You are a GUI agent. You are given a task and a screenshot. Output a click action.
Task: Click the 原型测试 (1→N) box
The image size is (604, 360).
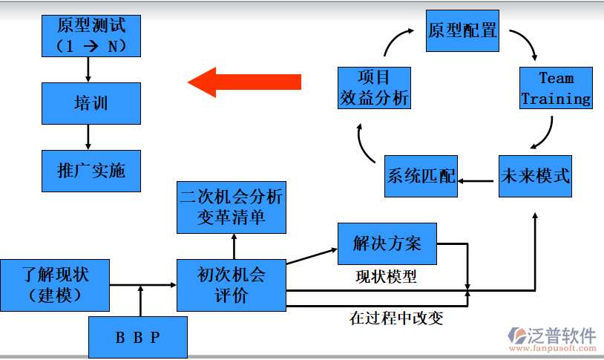(91, 35)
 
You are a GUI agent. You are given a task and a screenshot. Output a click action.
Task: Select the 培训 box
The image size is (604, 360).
(91, 103)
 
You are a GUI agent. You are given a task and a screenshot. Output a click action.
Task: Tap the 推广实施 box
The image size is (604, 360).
(91, 171)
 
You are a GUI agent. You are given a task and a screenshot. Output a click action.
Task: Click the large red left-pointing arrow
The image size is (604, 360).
(244, 81)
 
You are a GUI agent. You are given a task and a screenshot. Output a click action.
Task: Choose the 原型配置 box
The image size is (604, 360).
(462, 30)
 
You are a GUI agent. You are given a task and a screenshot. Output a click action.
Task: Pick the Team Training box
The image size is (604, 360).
(556, 88)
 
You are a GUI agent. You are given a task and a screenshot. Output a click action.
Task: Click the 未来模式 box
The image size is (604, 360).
(535, 177)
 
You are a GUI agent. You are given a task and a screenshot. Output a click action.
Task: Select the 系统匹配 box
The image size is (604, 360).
(421, 177)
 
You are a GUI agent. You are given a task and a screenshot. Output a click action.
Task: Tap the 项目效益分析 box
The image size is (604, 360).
(374, 88)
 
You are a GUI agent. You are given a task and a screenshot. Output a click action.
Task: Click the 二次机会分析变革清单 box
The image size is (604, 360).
(231, 207)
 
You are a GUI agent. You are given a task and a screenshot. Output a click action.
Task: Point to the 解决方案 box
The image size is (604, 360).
(387, 243)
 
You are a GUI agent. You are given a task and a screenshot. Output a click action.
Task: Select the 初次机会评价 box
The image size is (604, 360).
(231, 284)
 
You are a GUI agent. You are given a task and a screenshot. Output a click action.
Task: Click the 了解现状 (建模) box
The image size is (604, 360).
(55, 284)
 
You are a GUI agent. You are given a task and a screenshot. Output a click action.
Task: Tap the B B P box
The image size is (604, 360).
(138, 337)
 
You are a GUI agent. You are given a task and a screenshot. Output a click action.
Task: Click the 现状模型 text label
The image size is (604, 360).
(386, 277)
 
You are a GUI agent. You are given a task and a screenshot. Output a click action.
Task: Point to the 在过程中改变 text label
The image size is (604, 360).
(396, 318)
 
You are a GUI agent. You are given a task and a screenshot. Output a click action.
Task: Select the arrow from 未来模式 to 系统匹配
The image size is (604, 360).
(477, 180)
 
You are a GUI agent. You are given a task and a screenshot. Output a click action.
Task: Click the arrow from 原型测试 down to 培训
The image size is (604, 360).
(88, 70)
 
